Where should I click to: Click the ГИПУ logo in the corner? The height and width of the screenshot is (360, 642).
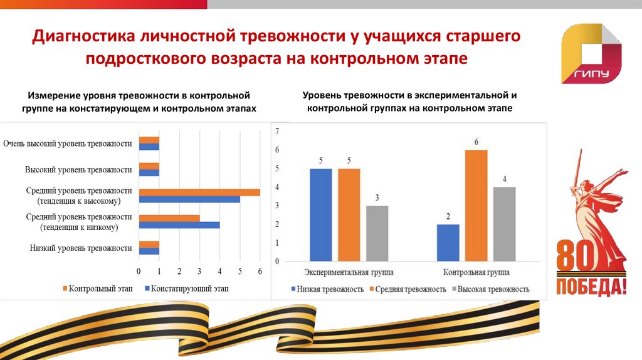[x=592, y=54]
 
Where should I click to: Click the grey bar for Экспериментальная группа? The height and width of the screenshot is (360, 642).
[x=377, y=233]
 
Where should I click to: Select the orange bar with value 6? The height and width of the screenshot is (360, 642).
[x=476, y=205]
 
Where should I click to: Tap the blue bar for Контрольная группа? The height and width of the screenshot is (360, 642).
[x=448, y=242]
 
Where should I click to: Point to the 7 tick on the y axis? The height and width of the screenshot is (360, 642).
[x=276, y=131]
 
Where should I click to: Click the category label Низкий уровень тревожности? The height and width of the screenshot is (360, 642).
[x=81, y=248]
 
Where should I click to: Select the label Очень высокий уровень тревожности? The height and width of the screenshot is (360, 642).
[x=68, y=144]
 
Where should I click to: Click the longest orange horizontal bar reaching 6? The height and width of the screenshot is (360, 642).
[x=199, y=192]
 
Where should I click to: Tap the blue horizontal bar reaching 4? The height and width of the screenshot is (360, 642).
[x=179, y=225]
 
